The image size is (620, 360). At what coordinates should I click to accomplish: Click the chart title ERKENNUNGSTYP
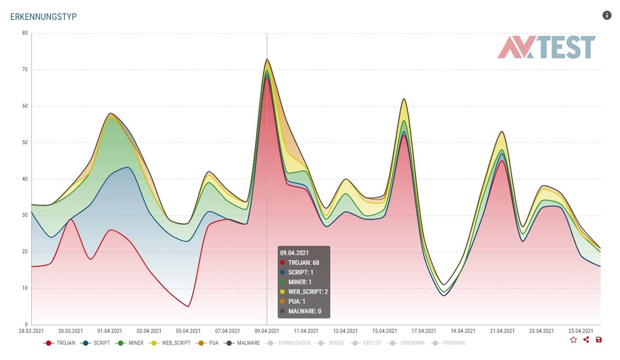pyautogui.click(x=43, y=17)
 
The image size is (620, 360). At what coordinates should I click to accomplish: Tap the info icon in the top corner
pyautogui.click(x=607, y=15)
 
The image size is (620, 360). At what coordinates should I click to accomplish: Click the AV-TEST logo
pyautogui.click(x=547, y=48)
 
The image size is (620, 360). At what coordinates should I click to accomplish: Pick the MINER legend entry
pyautogui.click(x=132, y=343)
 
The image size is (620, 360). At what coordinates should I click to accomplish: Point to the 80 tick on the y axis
pyautogui.click(x=25, y=33)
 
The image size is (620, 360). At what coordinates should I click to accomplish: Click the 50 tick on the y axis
pyautogui.click(x=25, y=142)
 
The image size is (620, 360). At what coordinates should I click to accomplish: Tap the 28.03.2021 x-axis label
pyautogui.click(x=32, y=331)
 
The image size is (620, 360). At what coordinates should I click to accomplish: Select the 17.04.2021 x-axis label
pyautogui.click(x=424, y=331)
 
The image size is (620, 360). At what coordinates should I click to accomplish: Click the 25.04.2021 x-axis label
pyautogui.click(x=581, y=331)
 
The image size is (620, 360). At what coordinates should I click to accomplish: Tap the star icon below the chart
pyautogui.click(x=573, y=339)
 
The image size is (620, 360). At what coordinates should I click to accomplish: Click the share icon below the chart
pyautogui.click(x=586, y=339)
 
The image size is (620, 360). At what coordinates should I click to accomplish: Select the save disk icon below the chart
pyautogui.click(x=599, y=339)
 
